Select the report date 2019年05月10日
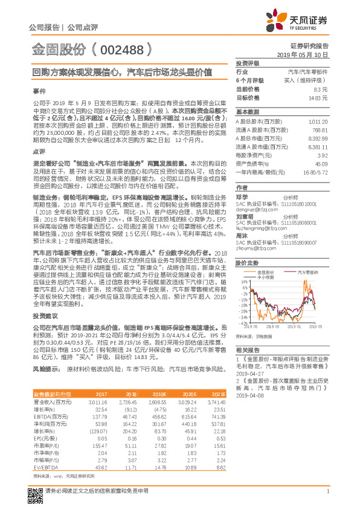306,54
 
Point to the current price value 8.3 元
322,88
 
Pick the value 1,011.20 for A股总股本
318,122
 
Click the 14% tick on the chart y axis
242,281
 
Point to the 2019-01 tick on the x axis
298,325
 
